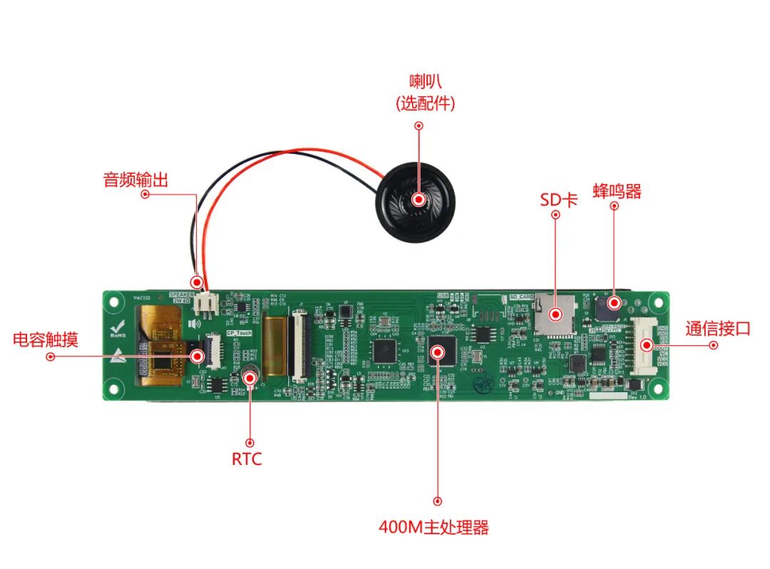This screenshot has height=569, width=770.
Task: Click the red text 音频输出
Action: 136,180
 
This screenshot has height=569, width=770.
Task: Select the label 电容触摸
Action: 46,339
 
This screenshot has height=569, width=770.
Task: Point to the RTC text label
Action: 247,458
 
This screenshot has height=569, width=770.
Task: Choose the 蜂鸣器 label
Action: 617,191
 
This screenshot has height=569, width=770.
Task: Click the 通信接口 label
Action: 718,329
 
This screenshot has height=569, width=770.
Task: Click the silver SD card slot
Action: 555,312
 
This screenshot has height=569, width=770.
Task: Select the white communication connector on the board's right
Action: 645,346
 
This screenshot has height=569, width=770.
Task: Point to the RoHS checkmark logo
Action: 117,329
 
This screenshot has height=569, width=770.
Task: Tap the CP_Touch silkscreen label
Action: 240,333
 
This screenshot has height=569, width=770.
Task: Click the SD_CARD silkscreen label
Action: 521,296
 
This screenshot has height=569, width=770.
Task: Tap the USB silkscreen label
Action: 441,294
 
